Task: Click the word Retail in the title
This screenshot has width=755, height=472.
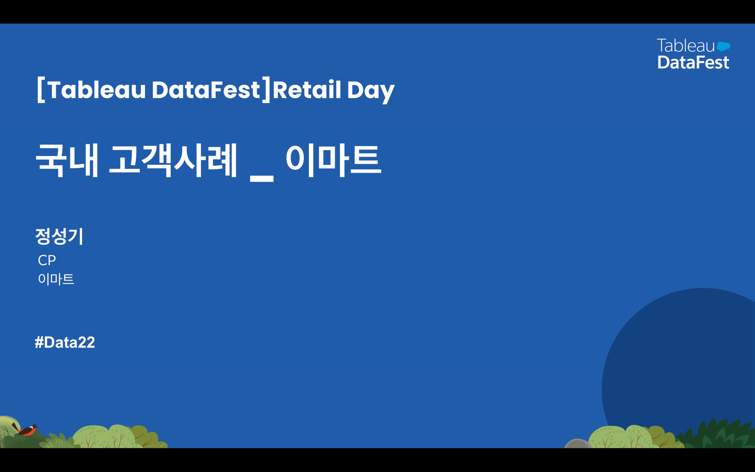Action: (307, 90)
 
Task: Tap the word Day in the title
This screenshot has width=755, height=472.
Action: (371, 91)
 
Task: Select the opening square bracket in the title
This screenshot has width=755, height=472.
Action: (41, 90)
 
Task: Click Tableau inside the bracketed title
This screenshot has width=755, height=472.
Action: (97, 90)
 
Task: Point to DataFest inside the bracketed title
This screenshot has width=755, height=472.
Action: (206, 90)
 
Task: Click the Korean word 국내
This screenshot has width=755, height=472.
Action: (67, 160)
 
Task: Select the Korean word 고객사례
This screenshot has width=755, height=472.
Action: (173, 160)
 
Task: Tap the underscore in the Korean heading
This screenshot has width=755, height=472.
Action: (262, 179)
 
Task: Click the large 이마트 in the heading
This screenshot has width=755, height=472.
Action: (333, 160)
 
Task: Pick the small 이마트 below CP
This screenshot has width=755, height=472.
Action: (56, 279)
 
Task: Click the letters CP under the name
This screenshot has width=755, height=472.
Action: (47, 260)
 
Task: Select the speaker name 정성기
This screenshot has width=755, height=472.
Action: (59, 236)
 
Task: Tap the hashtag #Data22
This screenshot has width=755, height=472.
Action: (65, 342)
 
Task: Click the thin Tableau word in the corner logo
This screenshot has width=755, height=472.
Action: (686, 46)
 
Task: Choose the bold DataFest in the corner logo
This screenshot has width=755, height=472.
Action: (693, 62)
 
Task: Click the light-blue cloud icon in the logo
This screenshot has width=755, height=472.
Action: (723, 46)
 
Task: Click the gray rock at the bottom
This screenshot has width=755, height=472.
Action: (578, 444)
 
